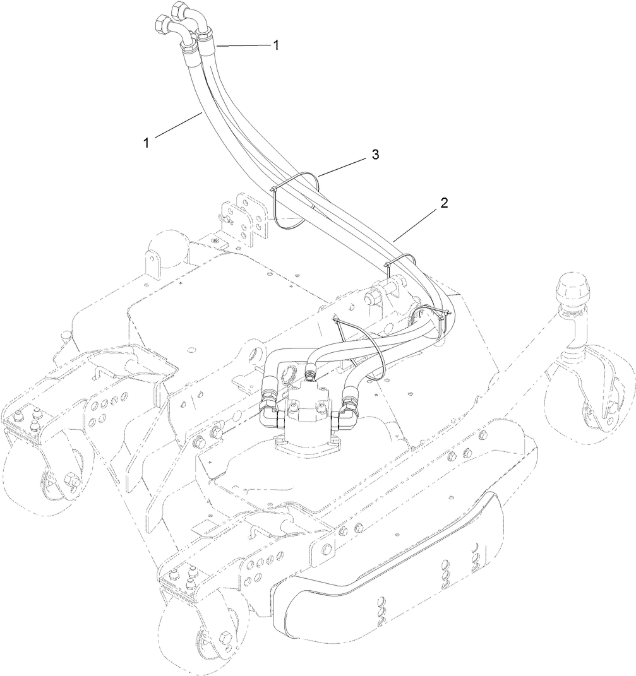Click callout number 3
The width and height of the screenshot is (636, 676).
375,155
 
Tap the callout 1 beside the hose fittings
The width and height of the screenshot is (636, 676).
275,45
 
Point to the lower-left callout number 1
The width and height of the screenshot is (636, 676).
146,143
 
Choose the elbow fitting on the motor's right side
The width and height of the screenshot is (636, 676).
347,411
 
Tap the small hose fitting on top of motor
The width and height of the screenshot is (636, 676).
310,376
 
